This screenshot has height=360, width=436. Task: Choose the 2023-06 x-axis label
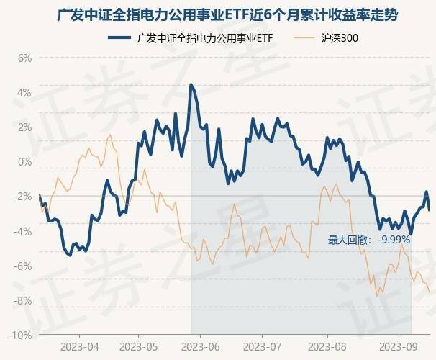(x=201, y=346)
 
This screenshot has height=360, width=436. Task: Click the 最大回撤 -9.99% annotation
(x=368, y=240)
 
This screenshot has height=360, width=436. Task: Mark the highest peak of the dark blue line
(x=191, y=85)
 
